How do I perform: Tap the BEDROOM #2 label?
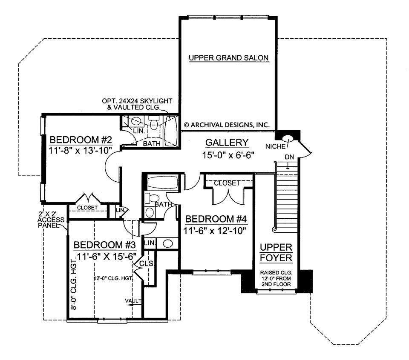click(81, 140)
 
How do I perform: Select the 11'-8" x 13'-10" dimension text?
click(81, 150)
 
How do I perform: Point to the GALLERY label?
click(227, 142)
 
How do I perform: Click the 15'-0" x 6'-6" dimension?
click(228, 155)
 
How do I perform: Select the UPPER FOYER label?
click(276, 252)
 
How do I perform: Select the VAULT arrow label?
click(133, 301)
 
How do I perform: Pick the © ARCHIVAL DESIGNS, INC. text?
click(227, 125)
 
